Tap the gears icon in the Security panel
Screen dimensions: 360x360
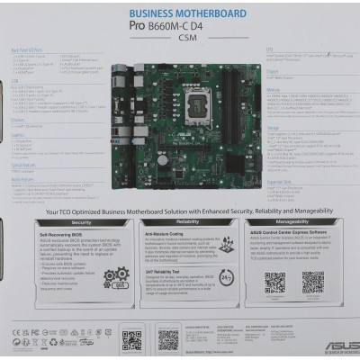click(x=118, y=278)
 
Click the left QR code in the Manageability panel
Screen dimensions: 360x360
click(x=275, y=282)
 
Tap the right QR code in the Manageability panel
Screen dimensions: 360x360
click(x=312, y=282)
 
